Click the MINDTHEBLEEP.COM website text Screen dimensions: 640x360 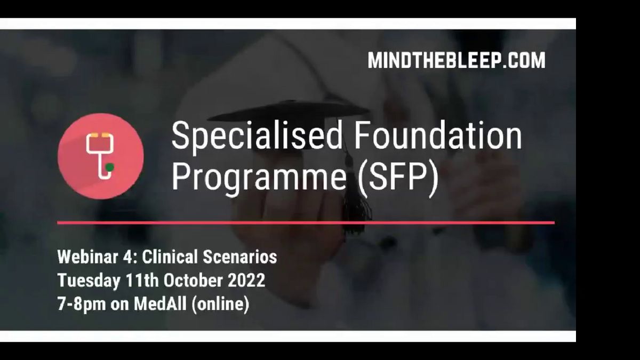[x=457, y=60]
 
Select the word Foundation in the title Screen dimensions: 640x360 [x=438, y=134]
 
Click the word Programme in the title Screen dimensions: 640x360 [x=259, y=178]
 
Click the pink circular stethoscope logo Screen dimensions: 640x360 [x=101, y=156]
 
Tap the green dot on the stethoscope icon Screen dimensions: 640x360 [x=109, y=167]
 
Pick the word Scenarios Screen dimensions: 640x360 [x=240, y=257]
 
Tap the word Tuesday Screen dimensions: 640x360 [x=89, y=281]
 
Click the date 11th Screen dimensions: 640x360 [x=142, y=281]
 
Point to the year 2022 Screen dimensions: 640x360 [x=246, y=281]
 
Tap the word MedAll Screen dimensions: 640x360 [x=160, y=303]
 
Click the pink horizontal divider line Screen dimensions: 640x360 [x=306, y=222]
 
